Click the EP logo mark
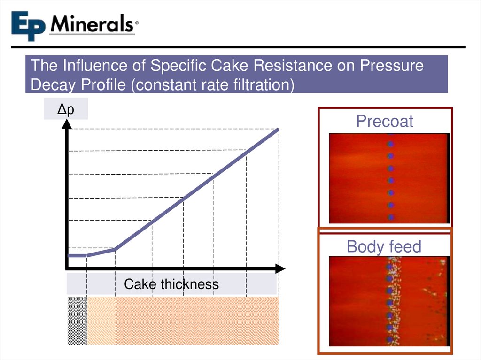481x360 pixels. pos(29,26)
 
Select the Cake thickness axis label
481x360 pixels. pos(171,284)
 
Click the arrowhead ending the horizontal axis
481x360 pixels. pos(280,268)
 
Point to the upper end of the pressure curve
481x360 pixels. pos(278,130)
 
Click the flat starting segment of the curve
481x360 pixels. pos(77,255)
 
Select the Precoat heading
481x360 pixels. pos(384,121)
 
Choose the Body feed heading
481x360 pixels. pos(384,246)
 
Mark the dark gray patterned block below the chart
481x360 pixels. pos(77,320)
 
